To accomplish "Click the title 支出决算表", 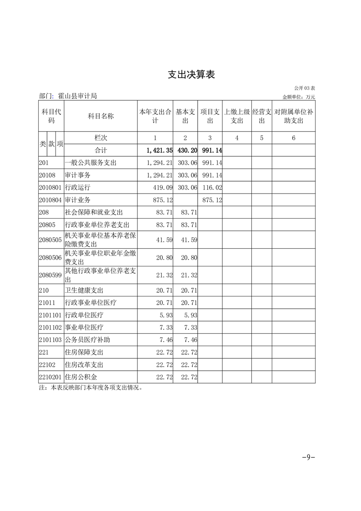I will point(191,75).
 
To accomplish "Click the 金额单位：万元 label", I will point(299,97).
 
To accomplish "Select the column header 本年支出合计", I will point(155,116).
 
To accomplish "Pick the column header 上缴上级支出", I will point(237,116).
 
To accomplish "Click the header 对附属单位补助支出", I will point(294,116).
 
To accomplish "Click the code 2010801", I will point(51,188).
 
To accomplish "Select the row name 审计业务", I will point(78,200).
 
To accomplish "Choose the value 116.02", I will point(212,188).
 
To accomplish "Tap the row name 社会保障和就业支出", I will point(94,212).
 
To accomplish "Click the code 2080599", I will point(51,275).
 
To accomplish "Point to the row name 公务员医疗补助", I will point(88,340).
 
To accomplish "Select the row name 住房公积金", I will point(81,378).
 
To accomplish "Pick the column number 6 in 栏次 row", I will point(294,138).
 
